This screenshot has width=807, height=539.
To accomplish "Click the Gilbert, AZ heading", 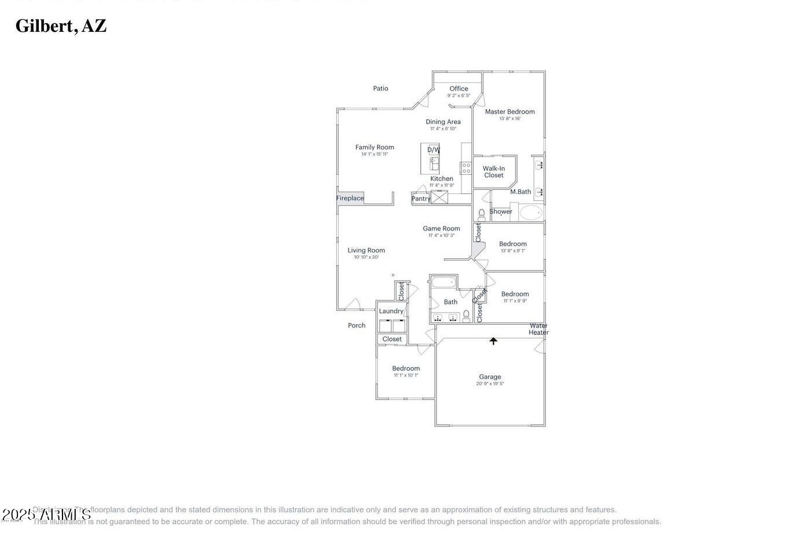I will (61, 26).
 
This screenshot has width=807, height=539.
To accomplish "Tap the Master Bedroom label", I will (509, 112).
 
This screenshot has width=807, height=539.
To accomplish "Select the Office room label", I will (458, 89).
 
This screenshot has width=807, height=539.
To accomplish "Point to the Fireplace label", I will (350, 198).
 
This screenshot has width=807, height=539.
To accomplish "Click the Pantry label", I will (421, 199).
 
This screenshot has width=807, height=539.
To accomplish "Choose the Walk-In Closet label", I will (494, 172).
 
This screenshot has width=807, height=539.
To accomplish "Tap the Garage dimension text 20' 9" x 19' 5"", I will (490, 384).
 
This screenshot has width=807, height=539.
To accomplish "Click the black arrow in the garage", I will (493, 341).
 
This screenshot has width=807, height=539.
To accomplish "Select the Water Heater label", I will (538, 329).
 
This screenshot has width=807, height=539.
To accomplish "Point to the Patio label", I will (380, 89).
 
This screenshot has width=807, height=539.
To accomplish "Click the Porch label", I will (357, 325).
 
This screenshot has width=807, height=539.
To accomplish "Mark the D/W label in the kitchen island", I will (434, 150).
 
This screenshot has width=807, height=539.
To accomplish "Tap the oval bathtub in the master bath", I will (531, 212).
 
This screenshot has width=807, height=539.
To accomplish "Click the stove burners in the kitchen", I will (466, 168).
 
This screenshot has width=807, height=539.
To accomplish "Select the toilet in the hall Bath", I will (466, 316).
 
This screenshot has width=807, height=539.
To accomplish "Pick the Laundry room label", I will (391, 311).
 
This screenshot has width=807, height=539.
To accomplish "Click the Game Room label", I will (441, 229).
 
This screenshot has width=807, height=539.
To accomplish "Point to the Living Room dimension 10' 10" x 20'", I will (366, 258).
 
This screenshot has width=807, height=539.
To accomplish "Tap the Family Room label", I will (375, 147).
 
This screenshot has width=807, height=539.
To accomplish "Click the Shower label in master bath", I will (501, 211).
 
